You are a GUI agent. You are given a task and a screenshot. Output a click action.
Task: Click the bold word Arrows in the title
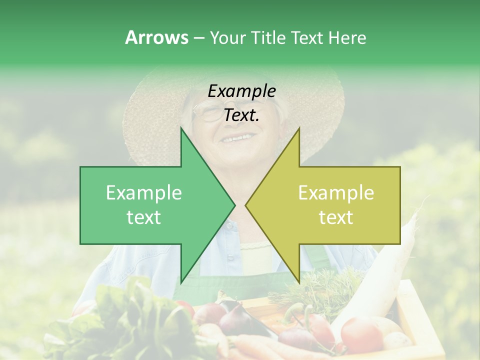coord(156,37)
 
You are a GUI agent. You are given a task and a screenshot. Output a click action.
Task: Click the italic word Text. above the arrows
coord(241,115)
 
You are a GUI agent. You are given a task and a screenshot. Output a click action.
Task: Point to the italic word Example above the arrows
coord(241,91)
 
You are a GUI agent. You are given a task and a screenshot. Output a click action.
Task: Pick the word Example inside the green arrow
coord(144,193)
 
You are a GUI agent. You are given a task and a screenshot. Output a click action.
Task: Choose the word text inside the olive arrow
coord(336,217)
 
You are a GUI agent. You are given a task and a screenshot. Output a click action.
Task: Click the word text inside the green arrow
coord(144,217)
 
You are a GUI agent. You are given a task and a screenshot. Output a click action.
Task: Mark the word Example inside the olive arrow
coord(336,193)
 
